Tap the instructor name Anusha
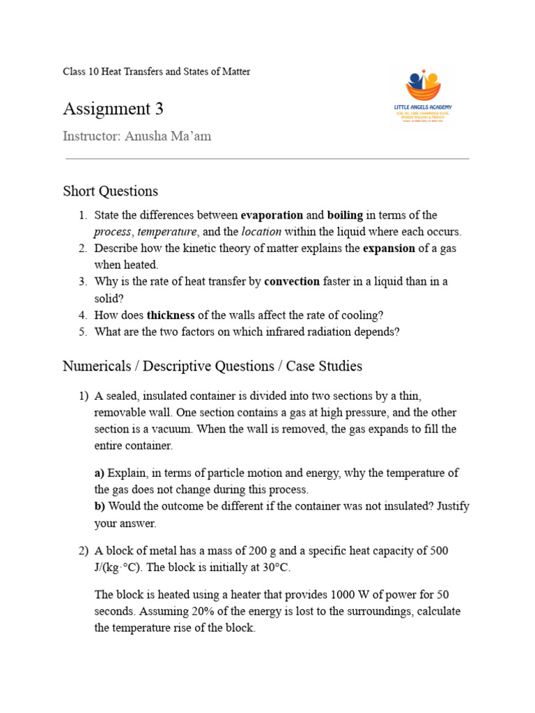click(149, 136)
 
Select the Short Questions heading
click(110, 191)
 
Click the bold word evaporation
click(272, 215)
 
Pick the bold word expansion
click(389, 249)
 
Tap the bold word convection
click(292, 281)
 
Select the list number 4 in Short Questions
click(82, 315)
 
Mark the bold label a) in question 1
click(100, 473)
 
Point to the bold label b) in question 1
click(100, 506)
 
